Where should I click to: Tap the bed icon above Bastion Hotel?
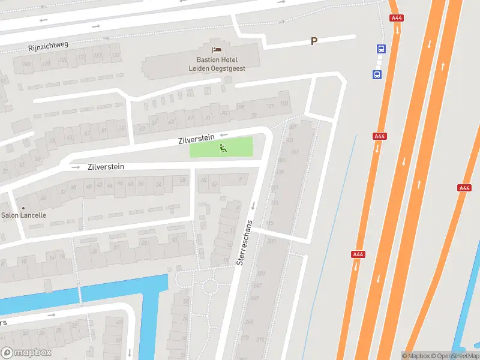pyautogui.click(x=217, y=48)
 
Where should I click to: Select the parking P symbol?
pyautogui.click(x=313, y=41)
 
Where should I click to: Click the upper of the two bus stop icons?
pyautogui.click(x=380, y=49)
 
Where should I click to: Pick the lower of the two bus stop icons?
pyautogui.click(x=377, y=75)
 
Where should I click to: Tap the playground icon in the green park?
pyautogui.click(x=222, y=148)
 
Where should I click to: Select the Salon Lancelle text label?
pyautogui.click(x=24, y=215)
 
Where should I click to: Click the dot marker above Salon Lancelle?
pyautogui.click(x=23, y=208)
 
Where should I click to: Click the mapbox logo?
pyautogui.click(x=26, y=353)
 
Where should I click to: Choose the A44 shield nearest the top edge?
pyautogui.click(x=397, y=18)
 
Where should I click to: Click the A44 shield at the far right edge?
pyautogui.click(x=464, y=188)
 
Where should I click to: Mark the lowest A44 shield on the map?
pyautogui.click(x=358, y=254)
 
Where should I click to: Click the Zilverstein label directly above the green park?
pyautogui.click(x=196, y=139)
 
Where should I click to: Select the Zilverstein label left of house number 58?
pyautogui.click(x=106, y=167)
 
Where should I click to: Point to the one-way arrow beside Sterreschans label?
pyautogui.click(x=253, y=206)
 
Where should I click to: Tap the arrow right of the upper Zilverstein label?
pyautogui.click(x=224, y=136)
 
